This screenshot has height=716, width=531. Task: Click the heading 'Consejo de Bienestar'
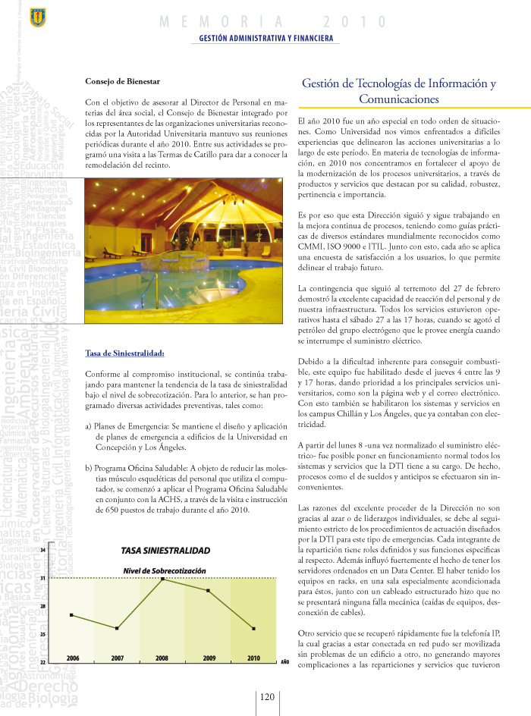click(122, 81)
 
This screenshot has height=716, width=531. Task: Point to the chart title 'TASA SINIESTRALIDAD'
click(165, 550)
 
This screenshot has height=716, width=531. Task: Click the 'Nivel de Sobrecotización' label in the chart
click(165, 570)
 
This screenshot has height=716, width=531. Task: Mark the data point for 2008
click(162, 579)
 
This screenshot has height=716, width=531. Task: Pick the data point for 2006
click(71, 614)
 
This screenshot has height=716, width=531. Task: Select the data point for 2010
click(253, 629)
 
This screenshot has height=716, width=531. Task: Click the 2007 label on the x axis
click(118, 658)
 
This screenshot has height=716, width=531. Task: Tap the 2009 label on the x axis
click(209, 658)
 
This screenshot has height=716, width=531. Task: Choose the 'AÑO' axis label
click(285, 662)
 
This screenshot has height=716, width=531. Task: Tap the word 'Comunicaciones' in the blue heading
click(398, 99)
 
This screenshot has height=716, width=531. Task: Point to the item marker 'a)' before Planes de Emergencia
click(89, 426)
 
